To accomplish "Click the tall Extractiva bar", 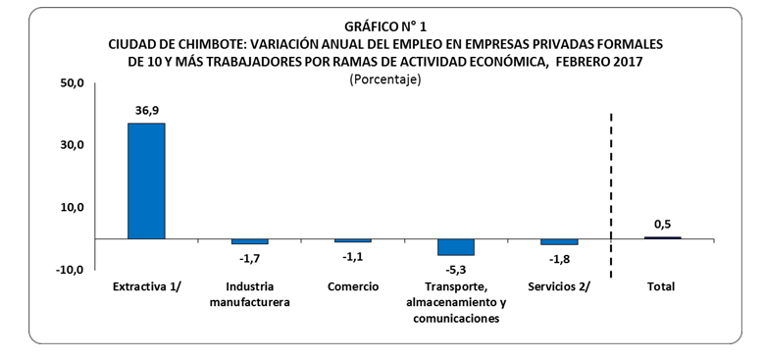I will (146, 180).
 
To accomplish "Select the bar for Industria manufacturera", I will (249, 241).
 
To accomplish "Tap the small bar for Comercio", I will (352, 240).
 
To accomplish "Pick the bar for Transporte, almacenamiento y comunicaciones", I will (455, 247).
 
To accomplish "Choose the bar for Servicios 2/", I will (558, 241).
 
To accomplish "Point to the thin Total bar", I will (662, 237).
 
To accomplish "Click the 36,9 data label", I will (147, 112).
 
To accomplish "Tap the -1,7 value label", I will (249, 258).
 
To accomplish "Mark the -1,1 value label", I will (352, 256).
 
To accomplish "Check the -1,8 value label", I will (558, 258).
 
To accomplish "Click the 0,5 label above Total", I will (662, 225).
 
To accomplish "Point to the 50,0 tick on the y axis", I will (74, 82).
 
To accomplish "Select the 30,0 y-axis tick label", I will (74, 144).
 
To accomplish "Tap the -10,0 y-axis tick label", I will (72, 269).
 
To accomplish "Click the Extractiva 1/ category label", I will (147, 286).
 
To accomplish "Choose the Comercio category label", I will (352, 286).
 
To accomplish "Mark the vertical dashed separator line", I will (611, 196).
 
